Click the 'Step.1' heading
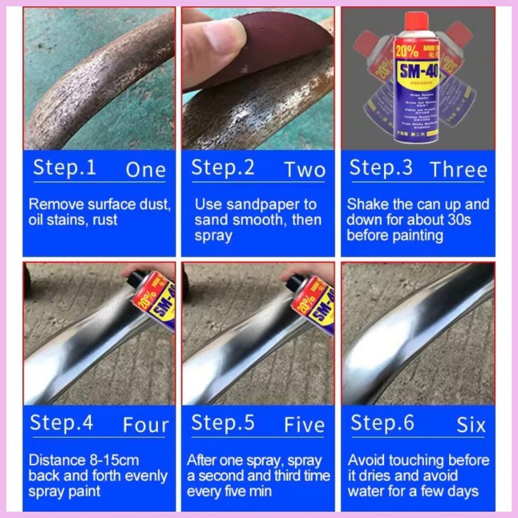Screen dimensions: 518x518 point(64,168)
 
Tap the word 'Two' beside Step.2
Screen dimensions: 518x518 point(304,169)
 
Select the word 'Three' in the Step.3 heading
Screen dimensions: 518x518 point(459,169)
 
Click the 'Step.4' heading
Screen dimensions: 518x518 point(61,423)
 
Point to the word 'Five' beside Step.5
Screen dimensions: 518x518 point(304,425)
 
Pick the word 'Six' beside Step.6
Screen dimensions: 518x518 point(471,425)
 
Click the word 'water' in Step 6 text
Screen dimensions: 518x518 point(364,491)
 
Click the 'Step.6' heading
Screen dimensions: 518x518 point(382,423)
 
